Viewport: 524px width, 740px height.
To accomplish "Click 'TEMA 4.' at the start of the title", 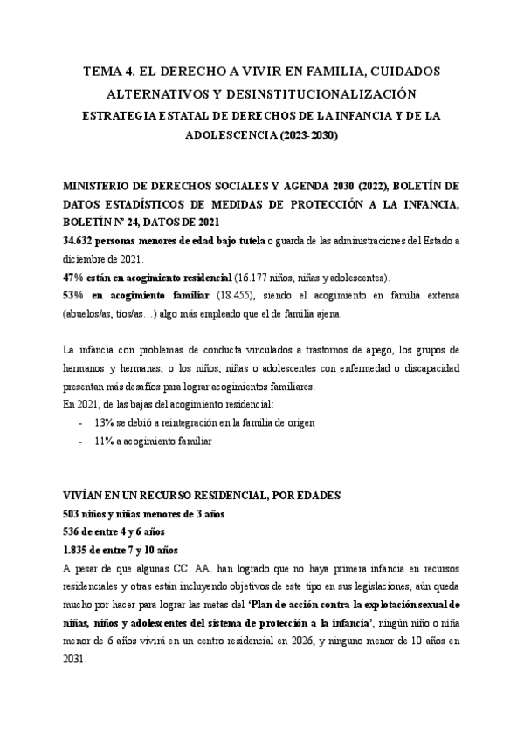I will click(112, 72).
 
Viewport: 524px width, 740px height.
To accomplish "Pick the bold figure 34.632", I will click(83, 240).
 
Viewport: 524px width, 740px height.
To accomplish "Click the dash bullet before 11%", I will click(80, 442).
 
